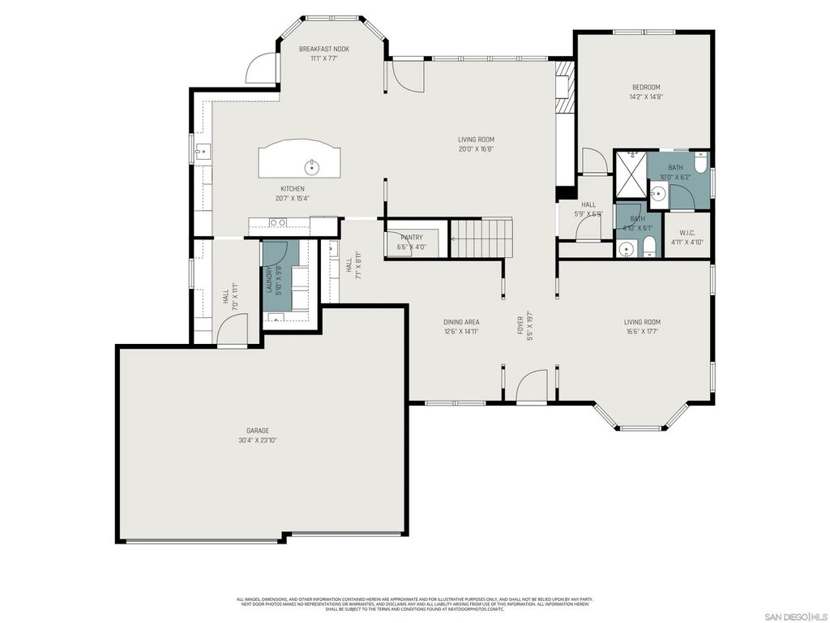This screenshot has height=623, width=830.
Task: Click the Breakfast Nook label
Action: pos(323,49)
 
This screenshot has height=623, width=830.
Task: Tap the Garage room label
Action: pos(258,431)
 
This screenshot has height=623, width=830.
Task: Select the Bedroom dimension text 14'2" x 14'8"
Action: pos(646,97)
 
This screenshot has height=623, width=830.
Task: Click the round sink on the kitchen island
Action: pos(311,168)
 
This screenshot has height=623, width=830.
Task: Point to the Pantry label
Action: pos(411,237)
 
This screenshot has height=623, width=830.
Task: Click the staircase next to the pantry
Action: pos(481,238)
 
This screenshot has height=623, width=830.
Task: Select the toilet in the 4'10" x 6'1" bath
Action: pos(649,248)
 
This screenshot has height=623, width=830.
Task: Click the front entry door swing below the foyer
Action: pos(532,386)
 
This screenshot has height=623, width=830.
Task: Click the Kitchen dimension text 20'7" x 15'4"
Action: pos(293,198)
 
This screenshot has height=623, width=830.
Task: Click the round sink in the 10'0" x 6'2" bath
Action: pos(659,194)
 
